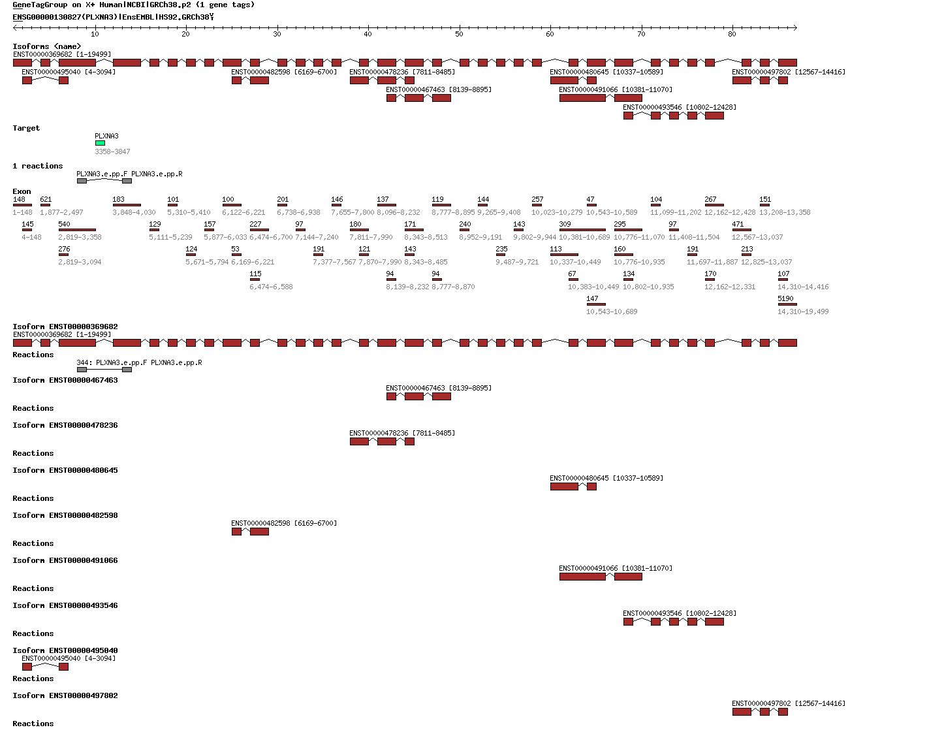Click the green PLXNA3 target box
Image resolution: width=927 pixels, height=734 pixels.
(100, 143)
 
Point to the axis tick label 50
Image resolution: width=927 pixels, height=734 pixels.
(459, 35)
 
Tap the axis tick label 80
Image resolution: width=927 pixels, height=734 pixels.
(732, 35)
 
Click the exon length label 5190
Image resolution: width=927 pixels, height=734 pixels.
(785, 298)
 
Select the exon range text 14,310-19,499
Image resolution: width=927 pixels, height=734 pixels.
(802, 311)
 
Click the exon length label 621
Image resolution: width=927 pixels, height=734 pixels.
(46, 199)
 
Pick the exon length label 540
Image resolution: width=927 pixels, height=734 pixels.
(64, 224)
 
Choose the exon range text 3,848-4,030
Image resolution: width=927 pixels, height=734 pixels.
(134, 212)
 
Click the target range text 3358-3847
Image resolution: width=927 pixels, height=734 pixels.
(112, 152)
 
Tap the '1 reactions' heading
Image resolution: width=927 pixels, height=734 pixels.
(38, 166)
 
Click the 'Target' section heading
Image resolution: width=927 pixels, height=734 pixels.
(26, 128)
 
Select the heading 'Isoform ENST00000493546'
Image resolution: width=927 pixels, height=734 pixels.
(65, 605)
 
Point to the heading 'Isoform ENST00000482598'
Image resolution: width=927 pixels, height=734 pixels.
(65, 515)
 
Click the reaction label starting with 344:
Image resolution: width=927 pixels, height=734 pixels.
(139, 362)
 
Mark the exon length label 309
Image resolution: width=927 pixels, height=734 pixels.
(565, 224)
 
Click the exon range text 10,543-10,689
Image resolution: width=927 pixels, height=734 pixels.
(612, 311)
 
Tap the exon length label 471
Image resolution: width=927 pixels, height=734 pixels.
(738, 224)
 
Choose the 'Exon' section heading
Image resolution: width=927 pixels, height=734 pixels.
(22, 191)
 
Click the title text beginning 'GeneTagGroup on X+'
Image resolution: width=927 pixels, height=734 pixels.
(134, 5)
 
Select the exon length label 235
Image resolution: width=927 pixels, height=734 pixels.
(501, 249)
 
